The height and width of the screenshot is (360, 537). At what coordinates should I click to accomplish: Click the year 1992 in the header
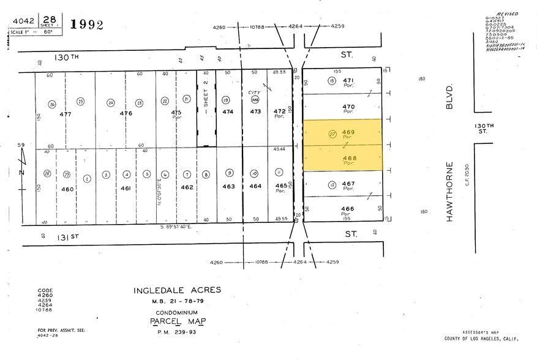pyautogui.click(x=87, y=25)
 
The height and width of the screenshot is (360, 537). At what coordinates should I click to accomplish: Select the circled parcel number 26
pyautogui.click(x=52, y=104)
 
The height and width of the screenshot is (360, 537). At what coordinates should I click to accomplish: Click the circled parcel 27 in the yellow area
pyautogui.click(x=333, y=136)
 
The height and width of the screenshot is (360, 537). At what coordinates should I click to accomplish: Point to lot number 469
pyautogui.click(x=348, y=132)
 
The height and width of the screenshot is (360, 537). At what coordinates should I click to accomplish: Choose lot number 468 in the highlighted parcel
pyautogui.click(x=348, y=158)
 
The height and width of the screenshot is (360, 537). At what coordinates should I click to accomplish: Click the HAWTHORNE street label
pyautogui.click(x=450, y=191)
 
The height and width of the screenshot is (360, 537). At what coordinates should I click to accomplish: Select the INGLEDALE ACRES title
pyautogui.click(x=177, y=290)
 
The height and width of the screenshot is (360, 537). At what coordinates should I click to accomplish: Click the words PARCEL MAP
pyautogui.click(x=178, y=321)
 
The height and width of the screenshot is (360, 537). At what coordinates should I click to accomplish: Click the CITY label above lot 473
pyautogui.click(x=254, y=93)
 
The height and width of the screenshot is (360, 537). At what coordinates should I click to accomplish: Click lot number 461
pyautogui.click(x=126, y=189)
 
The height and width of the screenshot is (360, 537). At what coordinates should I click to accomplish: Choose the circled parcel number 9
pyautogui.click(x=228, y=173)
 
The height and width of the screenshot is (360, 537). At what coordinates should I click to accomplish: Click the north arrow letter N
pyautogui.click(x=21, y=173)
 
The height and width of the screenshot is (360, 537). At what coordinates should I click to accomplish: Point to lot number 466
pyautogui.click(x=348, y=209)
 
